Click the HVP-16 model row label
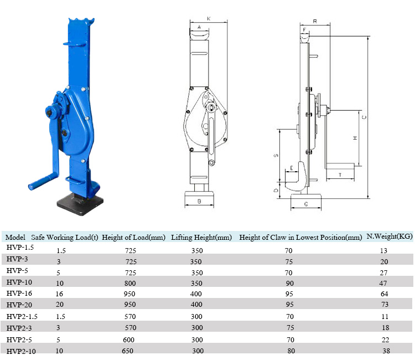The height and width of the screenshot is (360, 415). coord(19,293)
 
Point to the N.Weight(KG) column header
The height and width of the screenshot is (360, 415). coord(390,236)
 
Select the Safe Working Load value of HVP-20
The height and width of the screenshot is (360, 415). coord(59,305)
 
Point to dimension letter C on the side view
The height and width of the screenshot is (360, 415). coord(363,117)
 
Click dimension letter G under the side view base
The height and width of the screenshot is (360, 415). coord(306,204)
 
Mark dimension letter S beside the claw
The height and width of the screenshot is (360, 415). coord(276,156)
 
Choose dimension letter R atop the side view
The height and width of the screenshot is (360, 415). coord(314,20)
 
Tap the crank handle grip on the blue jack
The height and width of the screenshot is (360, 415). coord(42,181)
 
